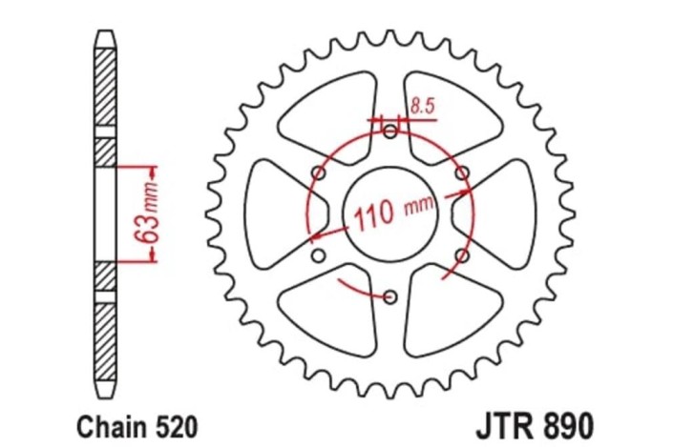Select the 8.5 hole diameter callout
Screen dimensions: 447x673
tap(421, 107)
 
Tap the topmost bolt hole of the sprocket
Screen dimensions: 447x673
tap(389, 132)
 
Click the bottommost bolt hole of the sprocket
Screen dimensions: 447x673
tap(389, 296)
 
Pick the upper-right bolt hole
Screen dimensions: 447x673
tap(461, 173)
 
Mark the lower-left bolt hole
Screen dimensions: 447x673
tap(319, 255)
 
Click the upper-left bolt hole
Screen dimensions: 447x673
tap(319, 173)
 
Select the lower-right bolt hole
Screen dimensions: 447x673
tap(461, 254)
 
